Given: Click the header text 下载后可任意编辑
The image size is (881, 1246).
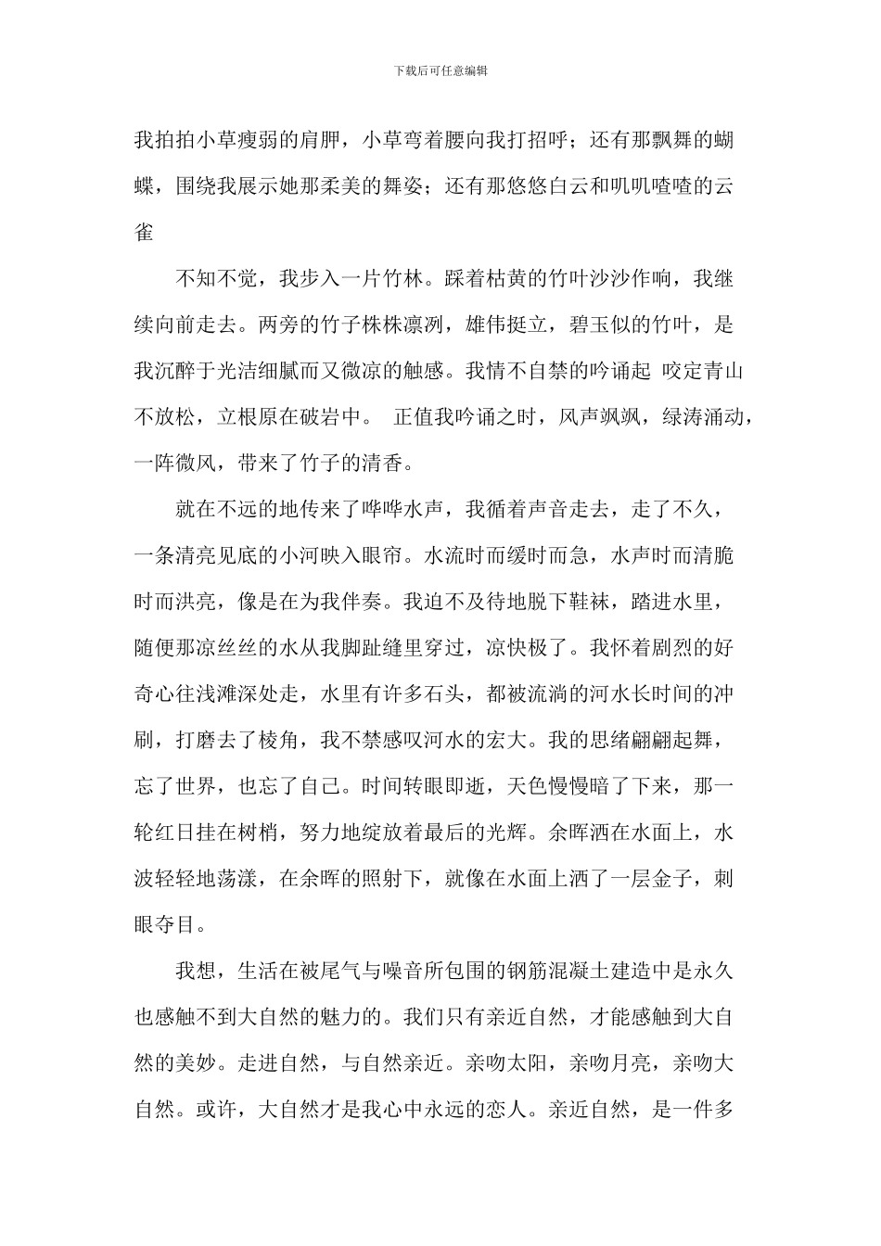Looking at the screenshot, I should coord(440,70).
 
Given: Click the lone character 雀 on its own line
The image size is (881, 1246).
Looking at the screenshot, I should coord(145,233).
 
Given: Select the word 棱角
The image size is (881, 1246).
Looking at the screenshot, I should coord(279,741).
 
